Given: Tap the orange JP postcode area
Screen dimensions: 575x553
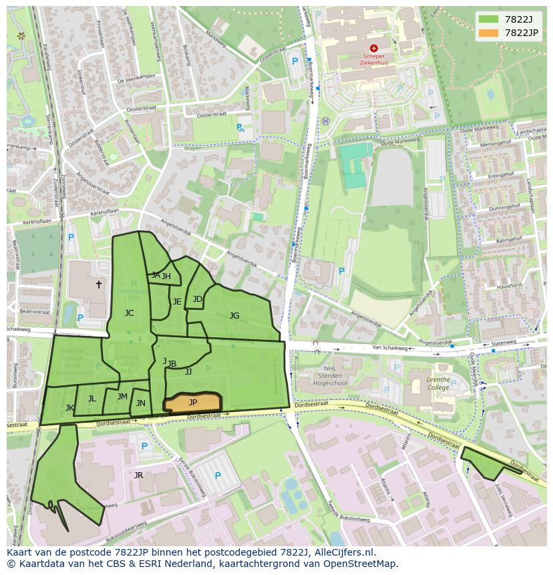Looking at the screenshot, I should (192, 403).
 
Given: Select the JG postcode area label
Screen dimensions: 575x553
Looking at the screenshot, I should (234, 316).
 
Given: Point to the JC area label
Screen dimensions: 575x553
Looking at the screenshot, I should (129, 313).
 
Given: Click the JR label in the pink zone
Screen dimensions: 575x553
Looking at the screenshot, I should (138, 475).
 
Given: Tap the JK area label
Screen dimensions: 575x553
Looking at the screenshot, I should (69, 407).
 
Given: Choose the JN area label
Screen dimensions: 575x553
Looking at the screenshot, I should (140, 403).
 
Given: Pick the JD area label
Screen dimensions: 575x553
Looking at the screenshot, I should (197, 299).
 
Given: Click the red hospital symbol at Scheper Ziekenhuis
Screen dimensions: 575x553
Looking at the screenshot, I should (373, 48).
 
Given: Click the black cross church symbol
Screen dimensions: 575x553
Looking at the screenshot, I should (99, 284).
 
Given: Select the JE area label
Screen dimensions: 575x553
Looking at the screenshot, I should (177, 302).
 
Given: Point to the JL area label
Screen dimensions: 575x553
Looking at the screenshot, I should (91, 399).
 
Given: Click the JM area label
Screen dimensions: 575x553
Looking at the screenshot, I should (122, 397).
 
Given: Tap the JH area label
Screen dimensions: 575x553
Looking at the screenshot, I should (166, 276).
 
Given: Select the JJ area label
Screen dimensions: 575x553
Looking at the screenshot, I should (188, 372).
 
